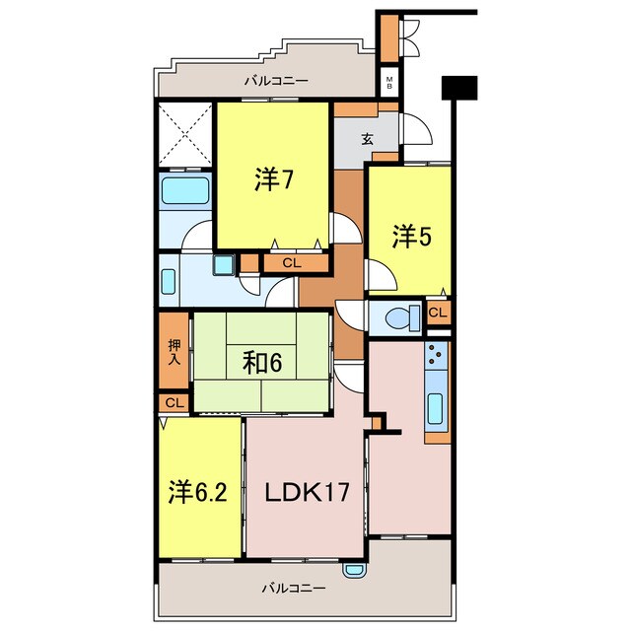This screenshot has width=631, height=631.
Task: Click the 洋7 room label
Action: [x=274, y=179]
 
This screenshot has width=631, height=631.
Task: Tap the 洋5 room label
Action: [x=412, y=237]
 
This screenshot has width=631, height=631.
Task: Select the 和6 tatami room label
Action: [x=262, y=363]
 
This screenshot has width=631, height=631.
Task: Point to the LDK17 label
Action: [x=307, y=492]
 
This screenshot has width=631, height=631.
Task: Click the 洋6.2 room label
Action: [x=198, y=492]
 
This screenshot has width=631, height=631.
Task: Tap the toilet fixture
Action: [x=403, y=317]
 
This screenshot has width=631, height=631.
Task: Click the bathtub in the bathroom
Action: [x=185, y=190]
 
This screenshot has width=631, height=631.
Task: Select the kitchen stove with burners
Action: [x=436, y=355]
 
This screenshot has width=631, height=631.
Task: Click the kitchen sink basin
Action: [x=436, y=408]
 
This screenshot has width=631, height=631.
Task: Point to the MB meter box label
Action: [x=389, y=83]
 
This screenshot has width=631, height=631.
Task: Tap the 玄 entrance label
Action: [x=367, y=139]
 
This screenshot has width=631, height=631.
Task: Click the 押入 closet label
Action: [x=175, y=352]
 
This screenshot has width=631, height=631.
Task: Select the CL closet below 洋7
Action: [x=292, y=263]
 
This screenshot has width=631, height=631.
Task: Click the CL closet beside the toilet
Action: [x=438, y=313]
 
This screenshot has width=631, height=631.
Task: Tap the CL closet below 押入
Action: [x=175, y=403]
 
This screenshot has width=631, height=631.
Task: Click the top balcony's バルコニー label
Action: [x=276, y=81]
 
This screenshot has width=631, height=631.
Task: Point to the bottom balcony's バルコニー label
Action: [x=294, y=589]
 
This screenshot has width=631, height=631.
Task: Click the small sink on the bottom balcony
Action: [x=355, y=571]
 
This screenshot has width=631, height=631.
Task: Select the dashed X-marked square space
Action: [x=185, y=135]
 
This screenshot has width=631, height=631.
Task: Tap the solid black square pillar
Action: [x=459, y=88]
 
